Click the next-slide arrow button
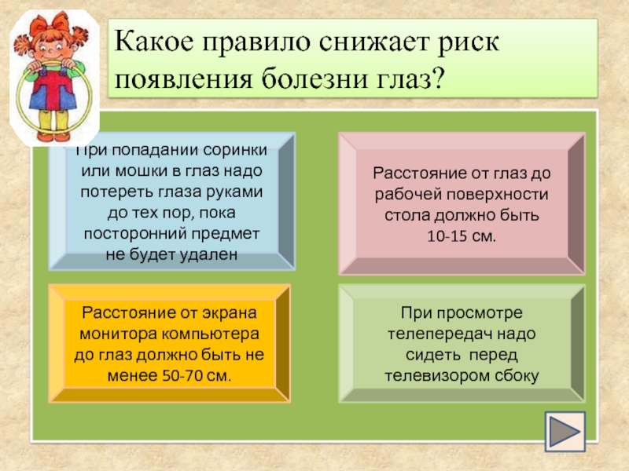coord(565,432)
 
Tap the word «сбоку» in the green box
coord(517,376)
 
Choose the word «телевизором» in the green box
coord(437,376)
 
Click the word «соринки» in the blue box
coord(235,150)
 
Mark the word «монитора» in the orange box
coord(115,334)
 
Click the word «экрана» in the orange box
coord(229,312)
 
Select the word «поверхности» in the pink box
coord(498,195)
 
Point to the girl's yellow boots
coord(55,126)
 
